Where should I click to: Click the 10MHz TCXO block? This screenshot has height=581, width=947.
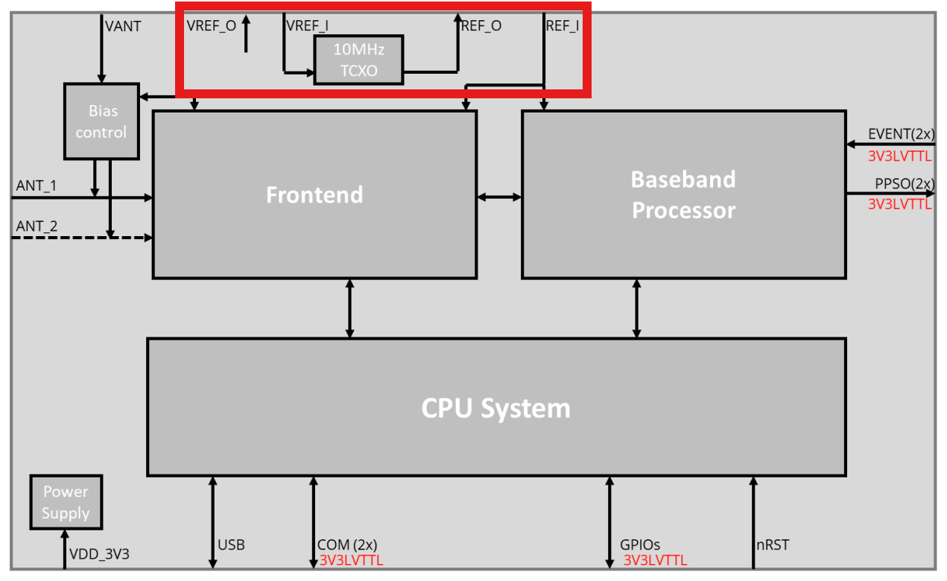click(x=358, y=60)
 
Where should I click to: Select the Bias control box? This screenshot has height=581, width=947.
click(x=102, y=121)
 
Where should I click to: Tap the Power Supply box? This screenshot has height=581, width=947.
click(x=66, y=502)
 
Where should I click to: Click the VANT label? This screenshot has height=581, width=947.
click(x=123, y=26)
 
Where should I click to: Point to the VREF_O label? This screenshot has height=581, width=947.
click(x=212, y=26)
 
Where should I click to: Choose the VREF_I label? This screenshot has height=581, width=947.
click(x=308, y=26)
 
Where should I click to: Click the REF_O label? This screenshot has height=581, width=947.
click(x=481, y=26)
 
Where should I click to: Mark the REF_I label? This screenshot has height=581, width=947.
click(x=562, y=26)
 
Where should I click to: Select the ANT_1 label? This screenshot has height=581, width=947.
click(x=37, y=185)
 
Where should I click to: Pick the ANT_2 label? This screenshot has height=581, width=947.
click(x=37, y=226)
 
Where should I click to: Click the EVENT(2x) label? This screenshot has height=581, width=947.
click(x=900, y=135)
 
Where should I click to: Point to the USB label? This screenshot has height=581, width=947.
click(x=231, y=545)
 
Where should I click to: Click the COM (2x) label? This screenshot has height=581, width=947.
click(x=347, y=545)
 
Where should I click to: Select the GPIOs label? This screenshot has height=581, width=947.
click(x=640, y=545)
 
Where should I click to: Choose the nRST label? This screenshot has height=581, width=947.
click(x=772, y=545)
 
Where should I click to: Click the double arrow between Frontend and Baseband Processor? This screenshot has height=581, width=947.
click(x=499, y=197)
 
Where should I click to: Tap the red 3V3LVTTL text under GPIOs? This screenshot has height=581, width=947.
click(x=655, y=560)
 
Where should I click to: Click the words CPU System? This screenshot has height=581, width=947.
click(x=495, y=408)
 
